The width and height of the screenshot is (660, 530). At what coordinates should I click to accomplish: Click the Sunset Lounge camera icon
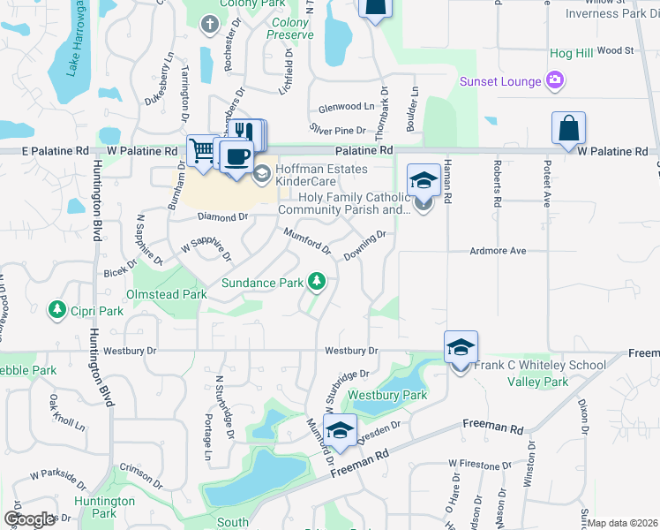click(x=555, y=82)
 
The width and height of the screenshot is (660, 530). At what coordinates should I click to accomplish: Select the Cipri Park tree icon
click(x=57, y=310)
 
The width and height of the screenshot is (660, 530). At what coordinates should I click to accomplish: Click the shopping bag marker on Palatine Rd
click(x=569, y=128)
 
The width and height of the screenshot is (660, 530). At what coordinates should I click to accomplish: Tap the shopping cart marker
click(x=202, y=151)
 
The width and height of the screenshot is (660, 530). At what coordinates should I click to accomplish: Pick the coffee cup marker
click(x=235, y=157)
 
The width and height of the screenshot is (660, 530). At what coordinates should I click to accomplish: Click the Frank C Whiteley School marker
click(x=461, y=347)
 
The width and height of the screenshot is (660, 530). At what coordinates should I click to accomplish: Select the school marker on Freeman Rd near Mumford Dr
click(x=340, y=430)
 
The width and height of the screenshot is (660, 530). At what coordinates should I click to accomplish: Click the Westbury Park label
click(x=387, y=395)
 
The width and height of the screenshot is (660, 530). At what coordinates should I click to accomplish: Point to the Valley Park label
click(x=537, y=382)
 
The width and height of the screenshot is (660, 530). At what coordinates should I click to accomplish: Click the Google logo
click(x=29, y=519)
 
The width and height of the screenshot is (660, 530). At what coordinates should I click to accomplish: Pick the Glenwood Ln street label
click(x=346, y=106)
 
